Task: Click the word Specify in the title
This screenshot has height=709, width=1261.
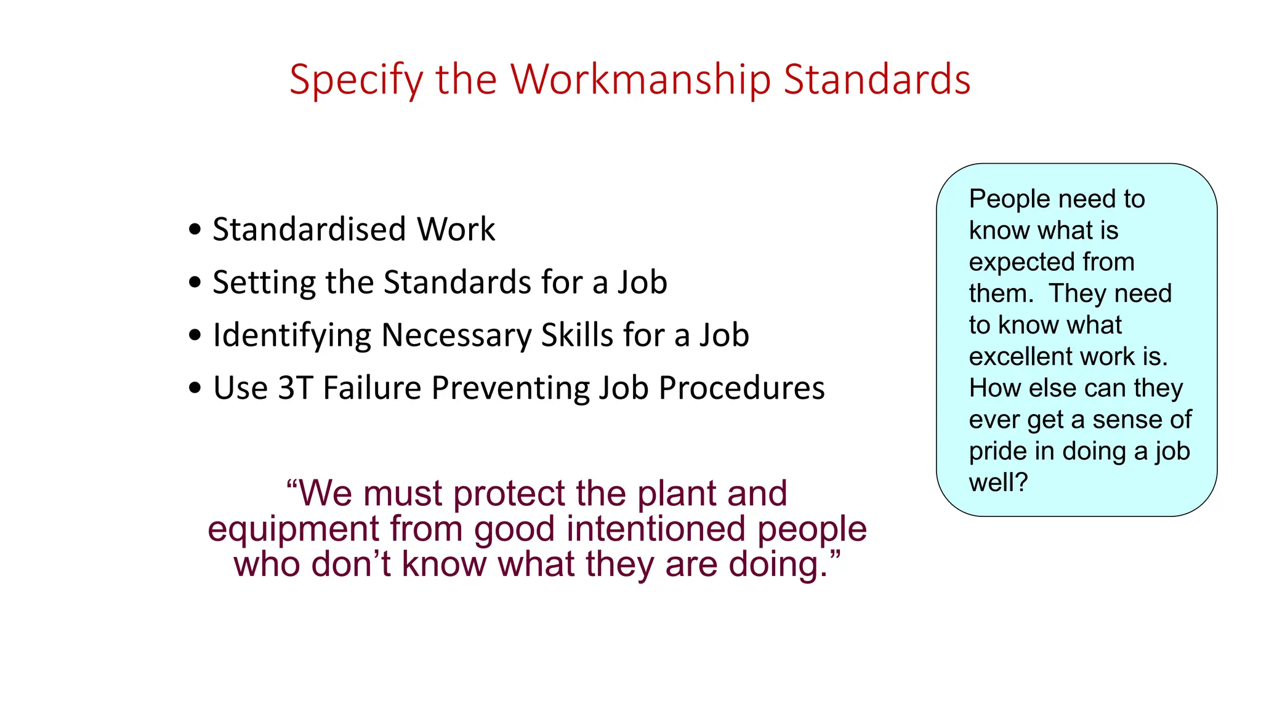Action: click(x=356, y=80)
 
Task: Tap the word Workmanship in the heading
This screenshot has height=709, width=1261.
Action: click(x=640, y=80)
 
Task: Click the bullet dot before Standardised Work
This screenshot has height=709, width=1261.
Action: click(x=195, y=230)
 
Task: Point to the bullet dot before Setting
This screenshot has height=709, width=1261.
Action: click(x=195, y=282)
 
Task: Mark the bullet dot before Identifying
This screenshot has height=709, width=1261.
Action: click(x=195, y=335)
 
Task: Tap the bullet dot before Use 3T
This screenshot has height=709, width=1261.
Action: click(x=195, y=388)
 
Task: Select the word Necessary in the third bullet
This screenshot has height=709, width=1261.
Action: click(x=456, y=335)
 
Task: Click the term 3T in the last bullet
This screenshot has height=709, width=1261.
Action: click(x=296, y=388)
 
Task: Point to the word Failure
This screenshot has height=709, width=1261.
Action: click(x=373, y=388)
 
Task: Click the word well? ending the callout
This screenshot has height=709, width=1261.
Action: click(x=998, y=483)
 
